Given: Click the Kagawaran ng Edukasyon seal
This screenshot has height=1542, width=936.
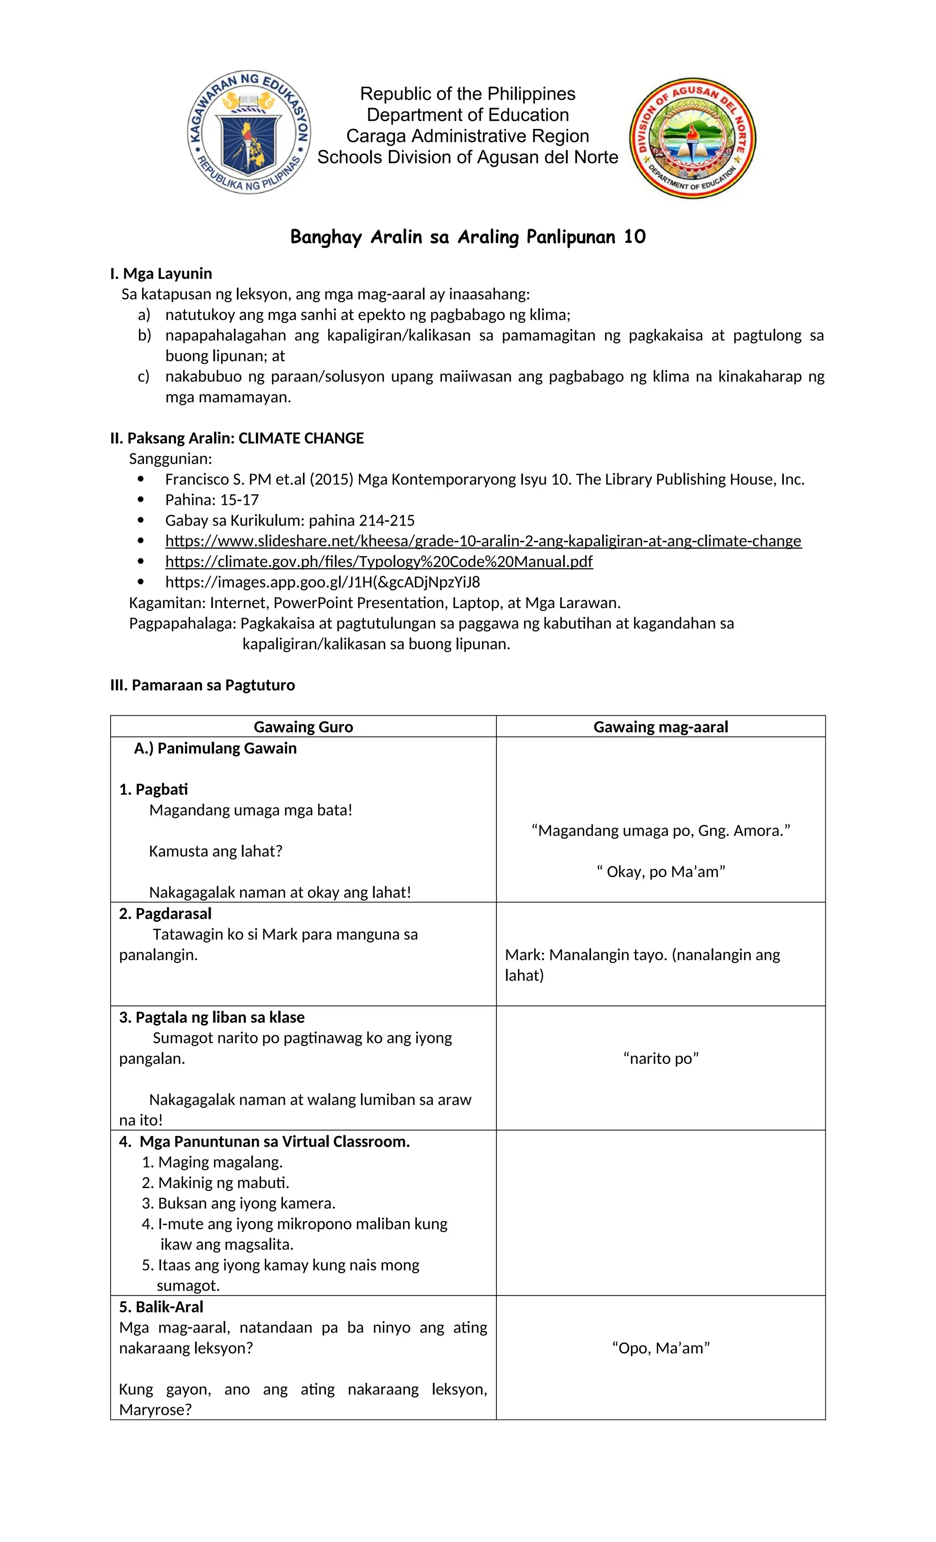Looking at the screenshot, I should [249, 132].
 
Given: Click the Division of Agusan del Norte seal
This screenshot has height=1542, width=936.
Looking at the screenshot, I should [692, 139].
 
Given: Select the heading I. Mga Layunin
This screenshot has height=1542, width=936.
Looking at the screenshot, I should [161, 273].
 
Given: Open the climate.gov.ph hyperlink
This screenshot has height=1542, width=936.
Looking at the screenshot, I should [378, 561].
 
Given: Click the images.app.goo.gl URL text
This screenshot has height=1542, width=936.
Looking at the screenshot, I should [322, 582].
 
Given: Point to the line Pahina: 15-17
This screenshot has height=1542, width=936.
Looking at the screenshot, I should [212, 499].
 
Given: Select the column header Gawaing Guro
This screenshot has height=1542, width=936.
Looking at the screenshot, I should [303, 726].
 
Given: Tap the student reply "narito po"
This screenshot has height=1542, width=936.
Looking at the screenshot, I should [661, 1058].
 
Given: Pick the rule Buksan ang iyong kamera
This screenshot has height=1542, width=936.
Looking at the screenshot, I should [246, 1203].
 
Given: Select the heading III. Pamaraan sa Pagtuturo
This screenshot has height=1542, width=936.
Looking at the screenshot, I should [202, 685].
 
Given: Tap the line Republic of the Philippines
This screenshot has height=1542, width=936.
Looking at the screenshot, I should [468, 94].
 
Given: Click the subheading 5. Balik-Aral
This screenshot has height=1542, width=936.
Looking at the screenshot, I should [161, 1307].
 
